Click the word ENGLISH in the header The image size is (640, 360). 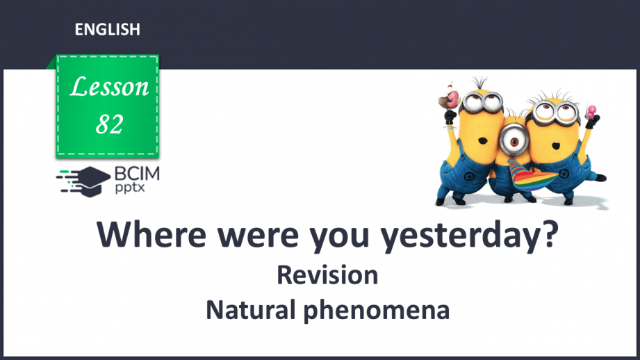click(107, 29)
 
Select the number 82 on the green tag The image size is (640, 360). click(110, 124)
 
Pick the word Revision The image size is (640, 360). click(327, 275)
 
